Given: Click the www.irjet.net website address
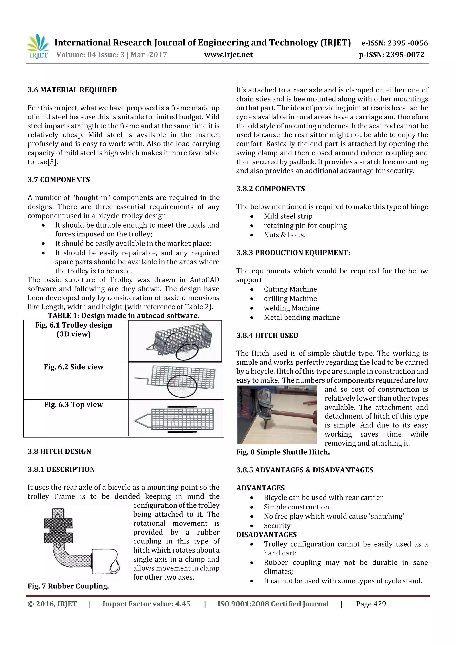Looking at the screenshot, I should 228,55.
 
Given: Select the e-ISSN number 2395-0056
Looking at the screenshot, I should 395,43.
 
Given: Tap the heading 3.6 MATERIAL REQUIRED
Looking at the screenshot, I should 72,90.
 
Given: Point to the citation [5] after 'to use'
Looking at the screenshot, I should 52,162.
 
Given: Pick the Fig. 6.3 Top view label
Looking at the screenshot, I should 74,404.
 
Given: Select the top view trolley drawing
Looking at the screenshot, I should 175,418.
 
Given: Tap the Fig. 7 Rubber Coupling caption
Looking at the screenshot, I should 68,586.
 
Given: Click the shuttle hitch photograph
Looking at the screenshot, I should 277,415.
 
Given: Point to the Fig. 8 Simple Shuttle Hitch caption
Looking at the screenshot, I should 283,452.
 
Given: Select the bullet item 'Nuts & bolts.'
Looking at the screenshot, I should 284,235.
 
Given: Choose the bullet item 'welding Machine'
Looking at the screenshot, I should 291,308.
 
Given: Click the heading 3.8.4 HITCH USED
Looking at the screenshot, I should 267,335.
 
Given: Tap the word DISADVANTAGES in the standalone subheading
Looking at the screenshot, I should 266,534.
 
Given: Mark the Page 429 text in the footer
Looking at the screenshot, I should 371,604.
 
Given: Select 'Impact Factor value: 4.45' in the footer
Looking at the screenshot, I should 146,604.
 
